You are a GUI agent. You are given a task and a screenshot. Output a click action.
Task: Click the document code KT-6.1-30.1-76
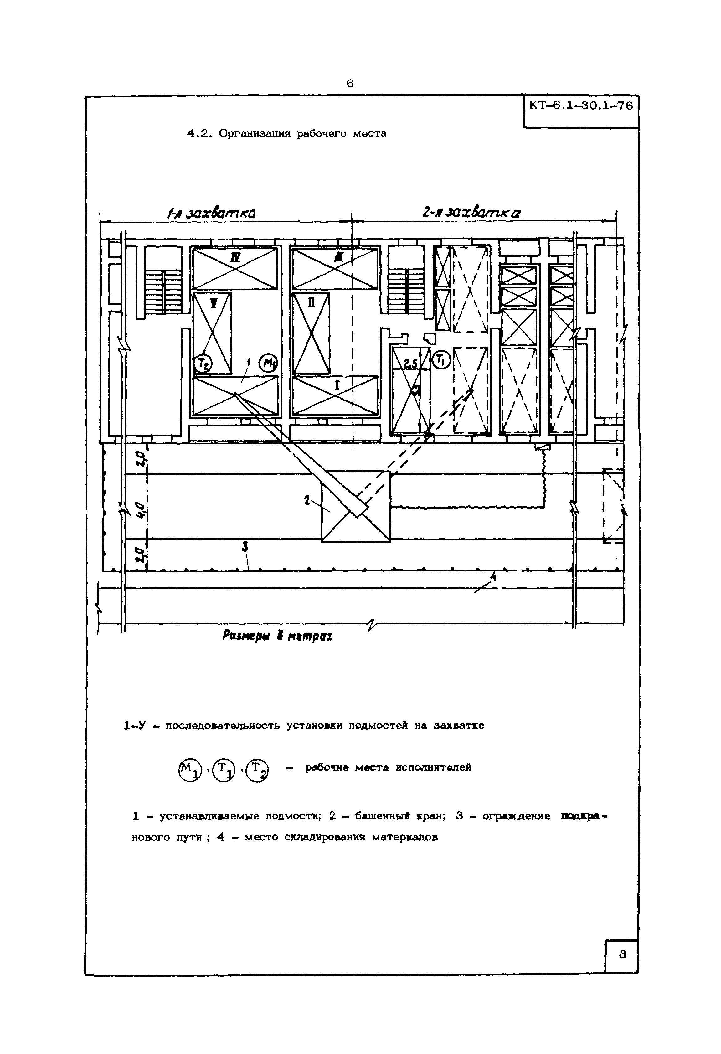click(581, 106)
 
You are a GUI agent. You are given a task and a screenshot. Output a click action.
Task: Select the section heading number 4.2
click(198, 134)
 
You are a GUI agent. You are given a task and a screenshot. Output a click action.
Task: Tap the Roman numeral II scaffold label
click(312, 303)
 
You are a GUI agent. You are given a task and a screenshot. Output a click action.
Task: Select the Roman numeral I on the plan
click(337, 385)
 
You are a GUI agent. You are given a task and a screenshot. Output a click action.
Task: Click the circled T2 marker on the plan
click(200, 363)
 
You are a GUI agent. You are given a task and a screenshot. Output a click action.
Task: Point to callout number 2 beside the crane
click(307, 501)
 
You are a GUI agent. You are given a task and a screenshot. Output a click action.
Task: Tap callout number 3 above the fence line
click(245, 548)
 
